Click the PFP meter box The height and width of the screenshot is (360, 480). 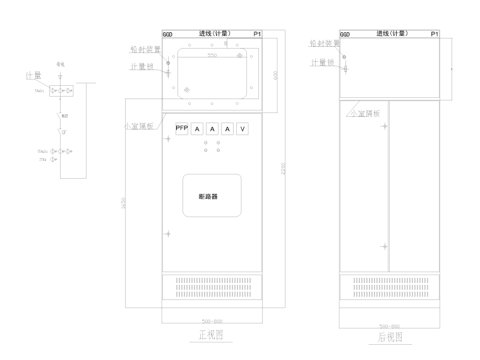tap(182, 129)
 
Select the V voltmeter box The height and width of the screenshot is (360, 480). tap(243, 129)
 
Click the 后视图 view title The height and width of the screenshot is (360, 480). tap(390, 337)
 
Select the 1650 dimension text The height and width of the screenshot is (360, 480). tap(124, 204)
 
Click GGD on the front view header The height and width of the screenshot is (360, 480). tap(168, 34)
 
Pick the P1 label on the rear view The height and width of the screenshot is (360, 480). tap(433, 34)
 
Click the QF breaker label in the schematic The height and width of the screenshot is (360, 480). tap(64, 133)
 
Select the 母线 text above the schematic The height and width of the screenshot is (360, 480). tap(61, 64)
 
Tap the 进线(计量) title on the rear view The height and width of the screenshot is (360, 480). tap(392, 33)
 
